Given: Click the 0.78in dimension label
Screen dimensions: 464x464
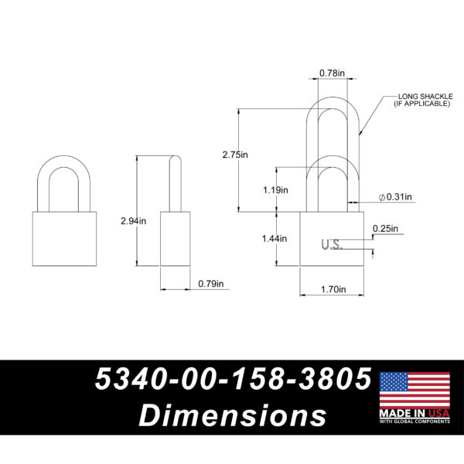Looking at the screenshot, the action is point(332,73).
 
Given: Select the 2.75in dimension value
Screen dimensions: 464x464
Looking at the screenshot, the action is point(235,155).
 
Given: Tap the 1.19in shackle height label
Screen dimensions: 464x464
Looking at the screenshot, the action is point(275,190).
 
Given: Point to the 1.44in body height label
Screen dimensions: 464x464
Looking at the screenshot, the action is point(275,238).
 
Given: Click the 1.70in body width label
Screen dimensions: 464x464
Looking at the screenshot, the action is point(333,289).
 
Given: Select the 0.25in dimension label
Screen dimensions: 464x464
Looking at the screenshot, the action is point(385,229).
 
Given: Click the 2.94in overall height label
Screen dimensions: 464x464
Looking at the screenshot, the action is point(133,221).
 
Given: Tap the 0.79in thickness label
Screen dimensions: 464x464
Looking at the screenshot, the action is point(211,284).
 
